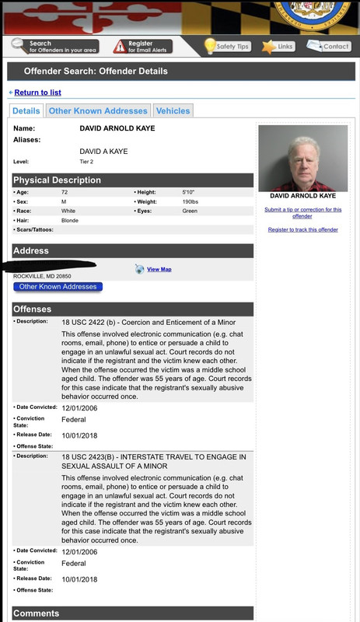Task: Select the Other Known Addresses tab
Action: tap(98, 111)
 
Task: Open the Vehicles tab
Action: tap(173, 111)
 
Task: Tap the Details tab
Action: tap(26, 111)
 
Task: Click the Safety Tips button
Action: tap(227, 47)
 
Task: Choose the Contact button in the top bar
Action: tap(329, 47)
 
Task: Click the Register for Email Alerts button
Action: tap(142, 47)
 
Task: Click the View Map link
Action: tap(159, 269)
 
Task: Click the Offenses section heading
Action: tap(33, 309)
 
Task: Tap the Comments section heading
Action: tap(36, 613)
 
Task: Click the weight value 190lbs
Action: tap(190, 201)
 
